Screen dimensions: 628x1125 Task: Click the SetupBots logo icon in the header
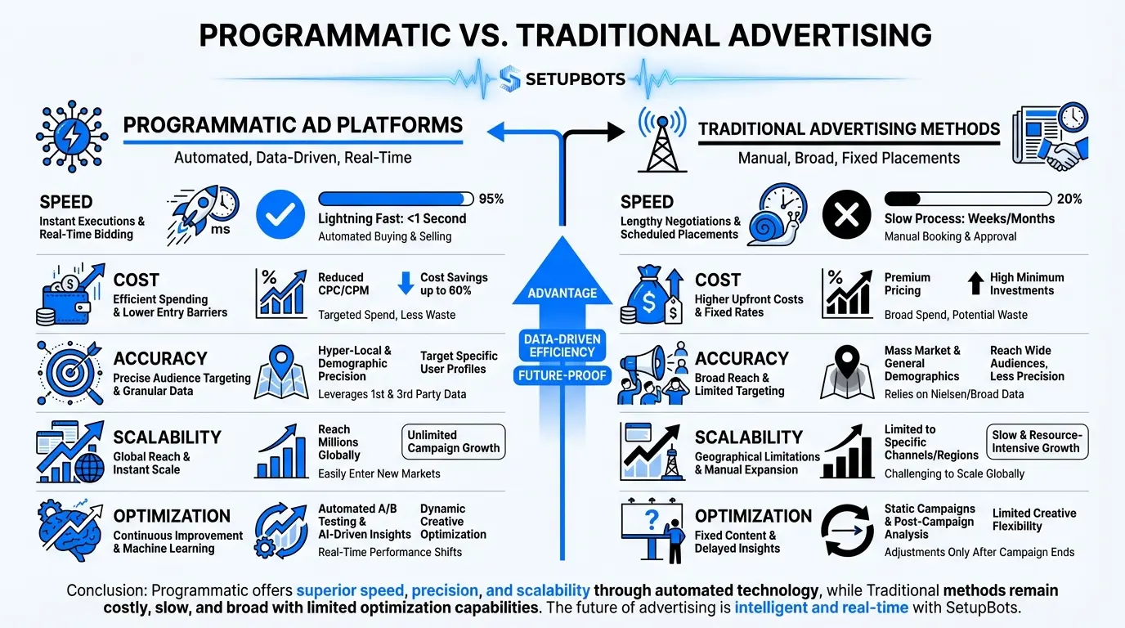click(510, 78)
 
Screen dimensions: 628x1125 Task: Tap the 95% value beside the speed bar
click(491, 199)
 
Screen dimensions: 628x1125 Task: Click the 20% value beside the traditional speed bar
click(1069, 199)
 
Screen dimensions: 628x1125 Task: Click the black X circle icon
click(846, 216)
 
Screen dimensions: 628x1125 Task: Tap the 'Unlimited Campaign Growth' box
click(454, 442)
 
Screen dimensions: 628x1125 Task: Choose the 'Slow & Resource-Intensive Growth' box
click(1036, 442)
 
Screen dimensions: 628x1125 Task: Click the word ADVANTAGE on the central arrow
click(562, 293)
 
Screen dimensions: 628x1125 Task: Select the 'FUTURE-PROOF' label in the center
click(562, 376)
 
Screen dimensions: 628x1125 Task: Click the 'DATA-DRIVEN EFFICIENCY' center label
click(562, 345)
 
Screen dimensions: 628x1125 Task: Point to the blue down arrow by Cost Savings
click(406, 283)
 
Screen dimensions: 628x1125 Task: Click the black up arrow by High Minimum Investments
click(975, 283)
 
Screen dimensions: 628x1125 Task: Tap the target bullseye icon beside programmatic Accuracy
click(69, 372)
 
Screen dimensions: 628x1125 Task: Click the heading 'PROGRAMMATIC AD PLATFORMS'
click(293, 125)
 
